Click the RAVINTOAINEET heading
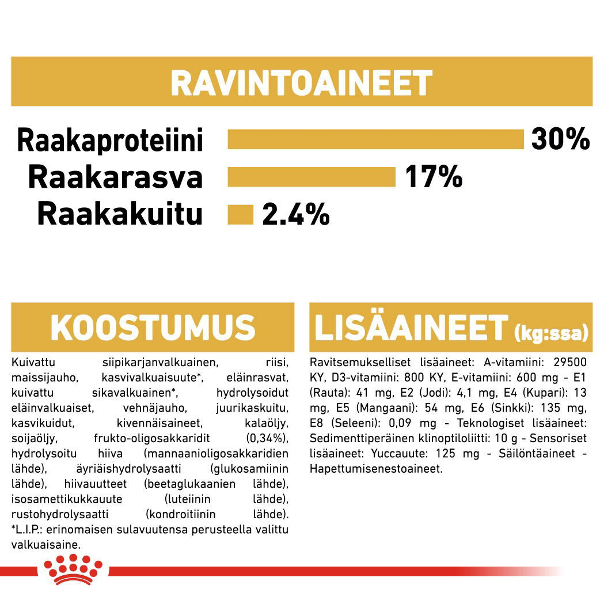coord(301,83)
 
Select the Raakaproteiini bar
coord(375,139)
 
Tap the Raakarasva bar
coord(312,177)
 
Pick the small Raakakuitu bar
coord(241,214)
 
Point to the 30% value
coord(560,139)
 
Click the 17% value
coord(433,177)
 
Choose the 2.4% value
coord(296,215)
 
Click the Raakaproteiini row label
coord(110,140)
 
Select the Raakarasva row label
coord(115,177)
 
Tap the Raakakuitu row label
coord(120,214)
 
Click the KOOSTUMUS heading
coord(153,328)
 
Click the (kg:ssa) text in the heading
coord(551,332)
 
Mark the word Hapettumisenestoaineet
coord(376,469)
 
